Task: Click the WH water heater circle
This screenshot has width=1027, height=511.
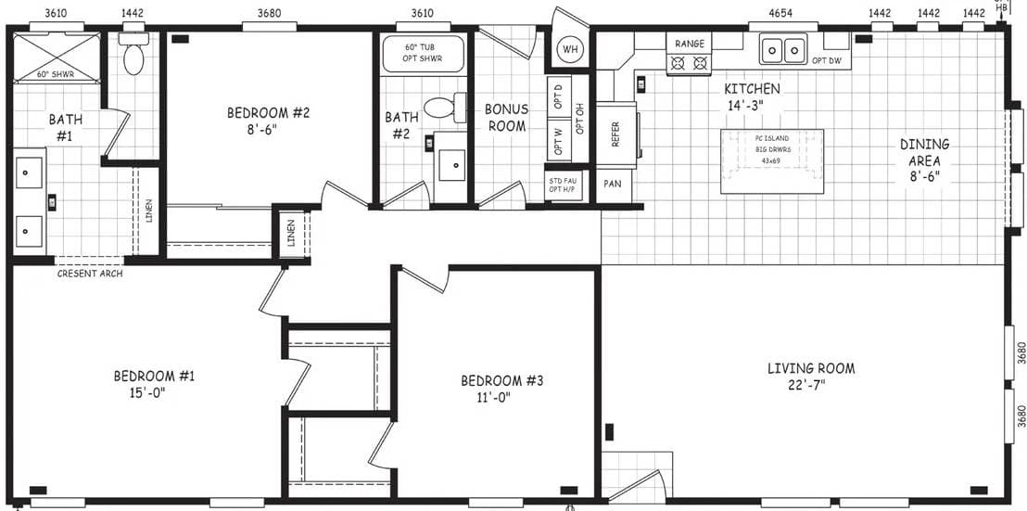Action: coord(568,49)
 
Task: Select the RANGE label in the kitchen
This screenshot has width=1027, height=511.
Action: coord(689,44)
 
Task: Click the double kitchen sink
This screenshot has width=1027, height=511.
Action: coord(783,49)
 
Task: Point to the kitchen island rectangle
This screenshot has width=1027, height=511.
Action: coord(771,160)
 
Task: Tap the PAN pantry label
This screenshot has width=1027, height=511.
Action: coord(612,184)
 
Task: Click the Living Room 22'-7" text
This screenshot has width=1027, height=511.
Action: coord(810,376)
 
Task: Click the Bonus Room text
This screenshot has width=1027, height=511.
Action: coord(506,117)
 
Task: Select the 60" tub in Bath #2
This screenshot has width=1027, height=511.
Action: coord(423,54)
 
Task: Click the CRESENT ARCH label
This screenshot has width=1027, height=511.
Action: coord(90,274)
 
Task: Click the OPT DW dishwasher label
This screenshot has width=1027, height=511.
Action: coord(826,60)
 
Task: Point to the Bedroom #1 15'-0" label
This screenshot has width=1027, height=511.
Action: coord(154,383)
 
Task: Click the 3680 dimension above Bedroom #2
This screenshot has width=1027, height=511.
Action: coord(270,13)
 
